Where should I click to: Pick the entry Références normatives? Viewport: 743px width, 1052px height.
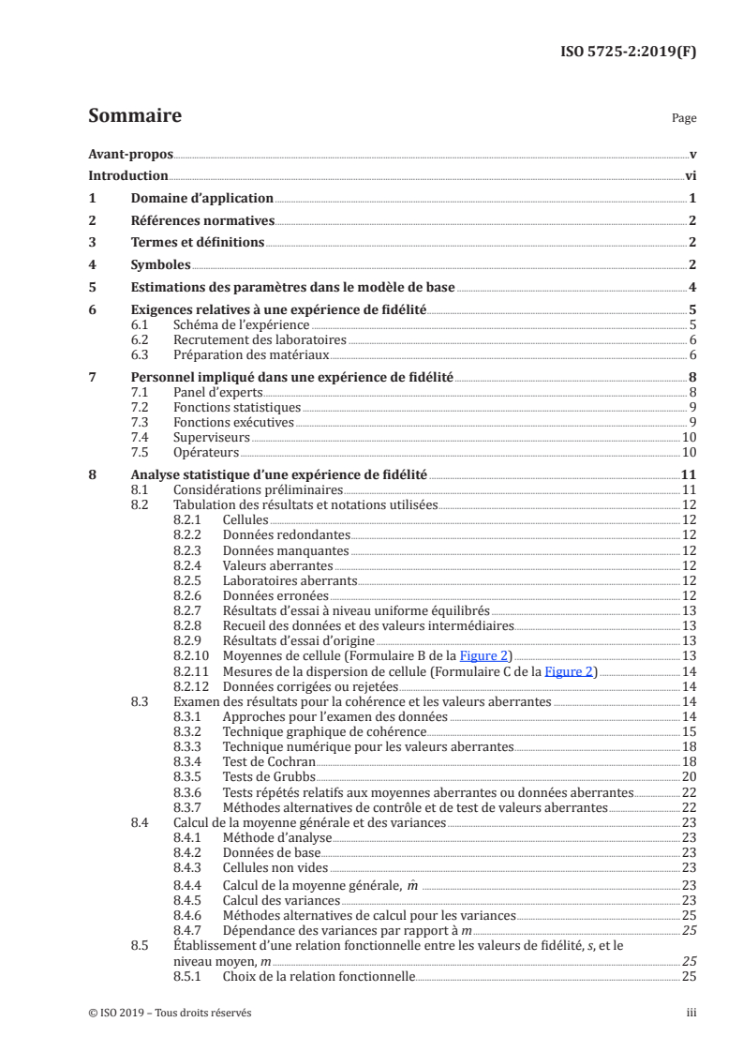point(201,221)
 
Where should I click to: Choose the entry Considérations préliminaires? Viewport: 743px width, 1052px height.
point(258,489)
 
